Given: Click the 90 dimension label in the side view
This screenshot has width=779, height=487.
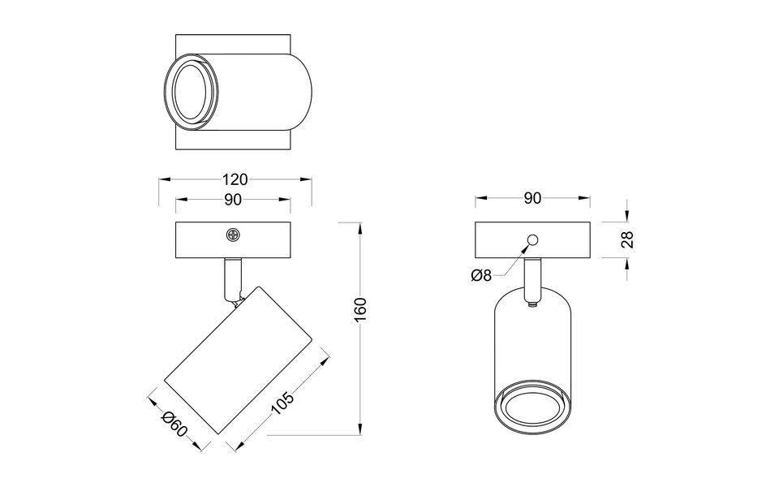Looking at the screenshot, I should click(x=233, y=200).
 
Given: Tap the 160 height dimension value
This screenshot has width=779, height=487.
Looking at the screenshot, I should click(x=361, y=310).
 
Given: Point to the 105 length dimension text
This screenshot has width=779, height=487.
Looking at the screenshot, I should click(x=283, y=403).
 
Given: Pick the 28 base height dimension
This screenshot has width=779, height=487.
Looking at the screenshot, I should click(x=626, y=239).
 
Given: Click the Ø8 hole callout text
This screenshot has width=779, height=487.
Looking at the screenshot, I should click(x=481, y=275).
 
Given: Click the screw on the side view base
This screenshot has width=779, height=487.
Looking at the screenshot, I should click(x=233, y=235).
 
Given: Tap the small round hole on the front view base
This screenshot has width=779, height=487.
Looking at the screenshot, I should click(x=533, y=239).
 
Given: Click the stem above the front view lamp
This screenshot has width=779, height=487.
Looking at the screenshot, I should click(x=532, y=278).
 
